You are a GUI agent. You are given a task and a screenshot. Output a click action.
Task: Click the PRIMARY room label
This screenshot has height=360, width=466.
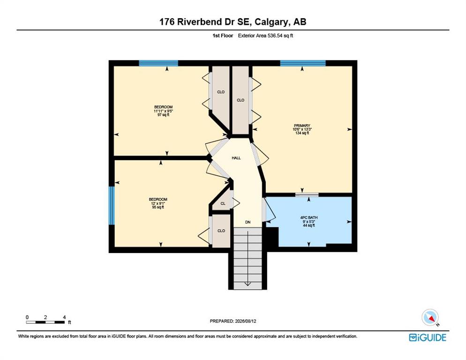point(302,126)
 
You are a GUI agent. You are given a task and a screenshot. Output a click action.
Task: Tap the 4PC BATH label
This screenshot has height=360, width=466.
point(309,217)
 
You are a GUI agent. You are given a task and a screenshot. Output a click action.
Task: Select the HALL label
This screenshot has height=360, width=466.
point(236,158)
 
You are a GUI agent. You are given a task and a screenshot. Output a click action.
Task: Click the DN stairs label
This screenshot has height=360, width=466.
point(248,222)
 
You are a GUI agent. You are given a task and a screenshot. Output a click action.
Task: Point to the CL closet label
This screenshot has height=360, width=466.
point(223,203)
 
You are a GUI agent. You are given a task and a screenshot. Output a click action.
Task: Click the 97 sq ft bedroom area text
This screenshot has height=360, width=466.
point(163,115)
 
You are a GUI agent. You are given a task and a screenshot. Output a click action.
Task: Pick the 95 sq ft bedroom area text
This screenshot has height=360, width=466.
point(158,207)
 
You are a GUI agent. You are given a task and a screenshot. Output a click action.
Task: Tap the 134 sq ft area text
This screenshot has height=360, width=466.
point(302,133)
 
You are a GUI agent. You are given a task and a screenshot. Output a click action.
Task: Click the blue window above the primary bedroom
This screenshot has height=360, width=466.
point(303,63)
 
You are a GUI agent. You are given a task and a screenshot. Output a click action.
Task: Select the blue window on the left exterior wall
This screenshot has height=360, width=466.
point(112,205)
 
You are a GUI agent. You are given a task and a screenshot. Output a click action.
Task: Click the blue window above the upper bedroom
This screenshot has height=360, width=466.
point(158,63)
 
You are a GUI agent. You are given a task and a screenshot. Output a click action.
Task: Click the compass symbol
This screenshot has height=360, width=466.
point(430,317)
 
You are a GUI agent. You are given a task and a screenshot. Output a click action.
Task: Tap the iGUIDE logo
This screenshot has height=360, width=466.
point(428,337)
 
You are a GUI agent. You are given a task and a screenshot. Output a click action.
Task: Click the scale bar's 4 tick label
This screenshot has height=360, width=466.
point(64,317)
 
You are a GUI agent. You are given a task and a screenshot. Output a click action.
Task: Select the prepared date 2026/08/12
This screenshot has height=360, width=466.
point(246,321)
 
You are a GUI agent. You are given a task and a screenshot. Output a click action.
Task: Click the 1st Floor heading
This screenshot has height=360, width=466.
point(223,36)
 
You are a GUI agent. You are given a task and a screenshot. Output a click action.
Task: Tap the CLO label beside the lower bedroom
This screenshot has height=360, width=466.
point(221,231)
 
